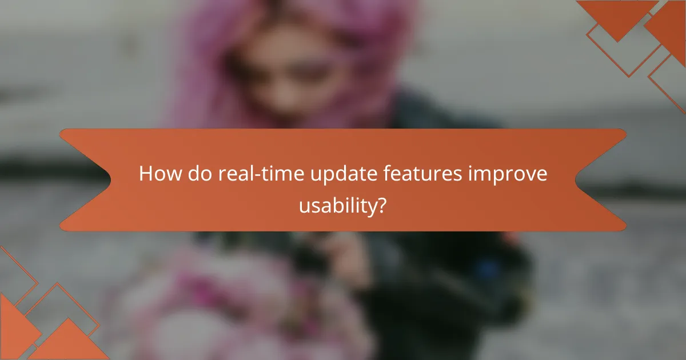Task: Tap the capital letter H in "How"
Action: coord(146,174)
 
